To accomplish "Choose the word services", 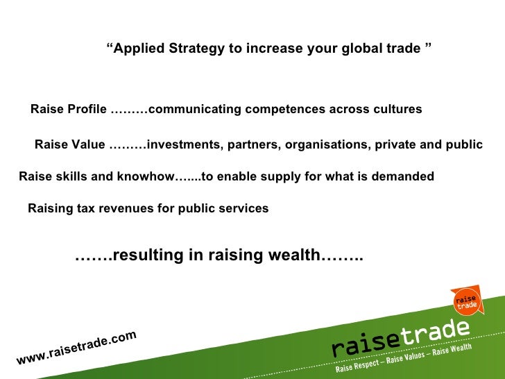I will coord(242,208).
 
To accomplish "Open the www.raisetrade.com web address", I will coord(76,347).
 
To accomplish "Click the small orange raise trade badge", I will coord(465,300).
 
